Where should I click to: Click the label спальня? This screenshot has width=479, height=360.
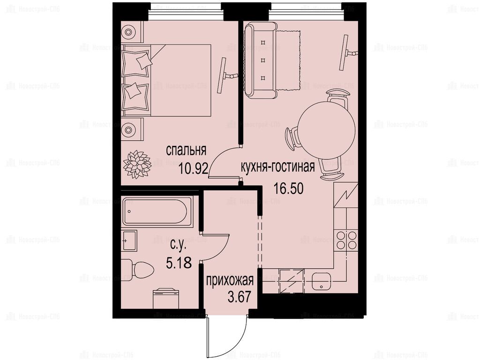[186, 150]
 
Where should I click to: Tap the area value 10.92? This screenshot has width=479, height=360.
[194, 168]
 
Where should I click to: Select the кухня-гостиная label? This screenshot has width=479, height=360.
[277, 167]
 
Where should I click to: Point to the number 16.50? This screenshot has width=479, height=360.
[288, 188]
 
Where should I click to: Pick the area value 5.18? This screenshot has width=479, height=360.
[179, 262]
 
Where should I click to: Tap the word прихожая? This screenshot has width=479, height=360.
[230, 280]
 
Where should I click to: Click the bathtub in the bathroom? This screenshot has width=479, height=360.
[157, 211]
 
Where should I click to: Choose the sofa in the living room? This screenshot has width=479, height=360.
[261, 61]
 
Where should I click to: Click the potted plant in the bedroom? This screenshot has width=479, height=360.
[137, 164]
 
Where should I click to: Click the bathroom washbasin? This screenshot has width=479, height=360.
[129, 240]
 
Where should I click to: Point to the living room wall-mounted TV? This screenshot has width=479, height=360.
[347, 52]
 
